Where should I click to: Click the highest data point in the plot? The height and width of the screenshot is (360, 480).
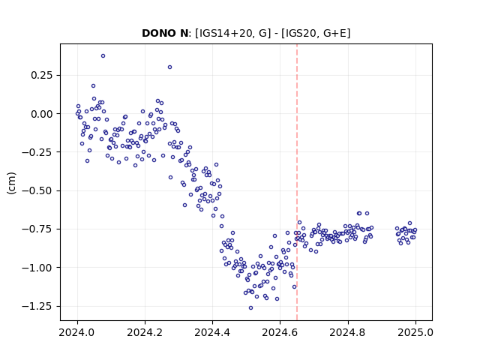pos(103,56)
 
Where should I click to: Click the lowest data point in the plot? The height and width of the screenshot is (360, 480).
pos(250,308)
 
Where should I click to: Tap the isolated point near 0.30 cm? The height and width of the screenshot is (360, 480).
pos(170,67)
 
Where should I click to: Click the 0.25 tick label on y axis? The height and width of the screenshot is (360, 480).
pos(42,75)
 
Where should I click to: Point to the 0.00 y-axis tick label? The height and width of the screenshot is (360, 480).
pos(42,114)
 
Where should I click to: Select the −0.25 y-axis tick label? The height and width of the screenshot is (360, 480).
pos(37,152)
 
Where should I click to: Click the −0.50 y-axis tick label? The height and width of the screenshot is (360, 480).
pos(37,190)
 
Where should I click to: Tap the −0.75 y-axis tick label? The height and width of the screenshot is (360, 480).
pos(37,229)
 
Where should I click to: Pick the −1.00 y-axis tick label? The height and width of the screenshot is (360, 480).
pos(37,268)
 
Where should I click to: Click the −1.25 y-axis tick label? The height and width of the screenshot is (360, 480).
pos(37,306)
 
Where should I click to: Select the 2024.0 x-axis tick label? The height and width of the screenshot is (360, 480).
pos(77,332)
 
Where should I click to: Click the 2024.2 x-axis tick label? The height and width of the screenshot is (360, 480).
pos(145,332)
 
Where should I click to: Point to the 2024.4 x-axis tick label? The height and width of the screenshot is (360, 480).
pos(212,332)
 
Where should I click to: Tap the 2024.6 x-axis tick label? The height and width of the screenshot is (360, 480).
pos(280,332)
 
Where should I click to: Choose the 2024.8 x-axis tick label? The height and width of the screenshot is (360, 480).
pos(348,332)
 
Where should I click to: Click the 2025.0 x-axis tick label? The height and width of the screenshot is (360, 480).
pos(415,332)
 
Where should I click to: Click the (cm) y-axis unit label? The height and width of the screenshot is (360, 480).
pos(11,183)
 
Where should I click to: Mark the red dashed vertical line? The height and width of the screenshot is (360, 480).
pos(297,182)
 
